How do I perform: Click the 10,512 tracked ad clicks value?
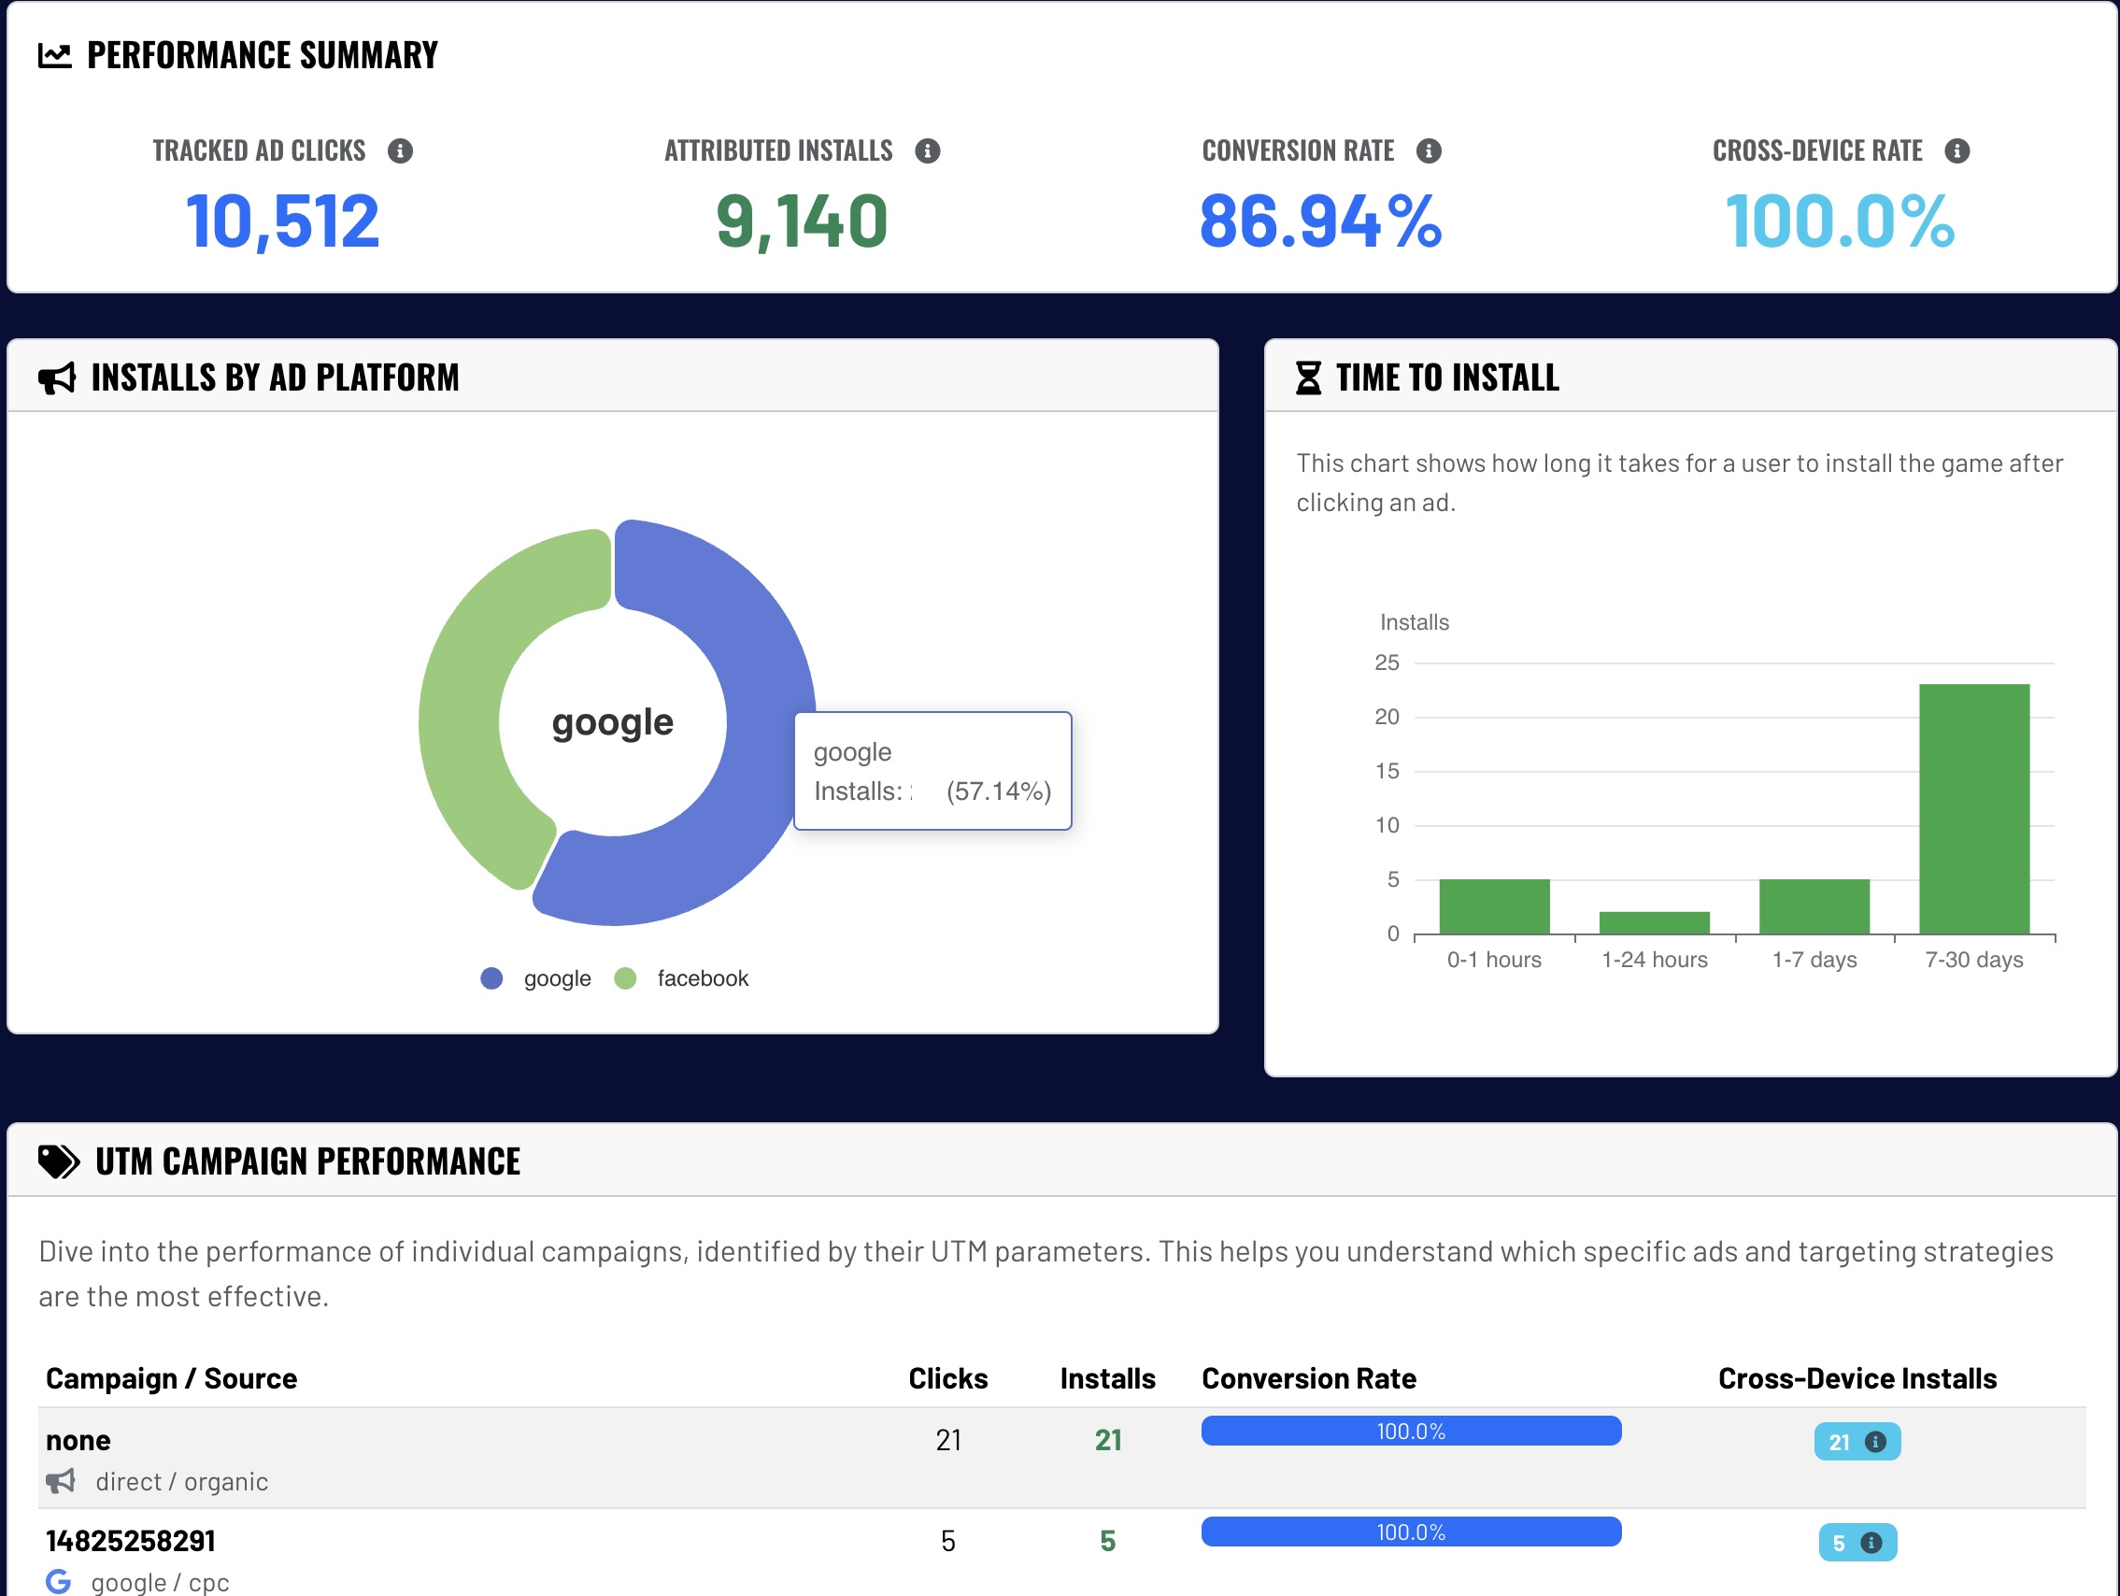coord(283,221)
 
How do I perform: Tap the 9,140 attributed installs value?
coord(802,221)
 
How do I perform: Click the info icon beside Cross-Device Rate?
coord(1957,151)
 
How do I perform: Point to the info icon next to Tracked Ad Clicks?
coord(400,151)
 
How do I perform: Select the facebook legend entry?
coord(702,978)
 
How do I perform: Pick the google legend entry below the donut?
coord(556,978)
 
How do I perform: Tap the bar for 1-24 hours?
coord(1654,922)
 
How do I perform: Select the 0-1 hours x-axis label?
coord(1494,960)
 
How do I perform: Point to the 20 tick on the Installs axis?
coord(1386,717)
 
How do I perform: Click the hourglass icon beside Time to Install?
coord(1308,378)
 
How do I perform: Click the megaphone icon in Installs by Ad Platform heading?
coord(58,378)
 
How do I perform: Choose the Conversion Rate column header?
coord(1308,1378)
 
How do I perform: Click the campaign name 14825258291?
coord(132,1541)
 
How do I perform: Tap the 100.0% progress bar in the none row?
coord(1411,1432)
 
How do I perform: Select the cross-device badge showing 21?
coord(1856,1442)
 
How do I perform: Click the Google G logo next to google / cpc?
coord(59,1581)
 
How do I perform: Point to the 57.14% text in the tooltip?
coord(999,791)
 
